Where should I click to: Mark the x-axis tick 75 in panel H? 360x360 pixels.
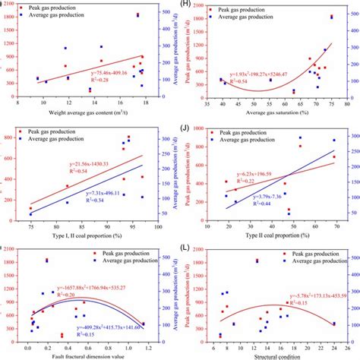(x=333, y=105)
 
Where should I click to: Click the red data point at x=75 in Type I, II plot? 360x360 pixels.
(x=52, y=208)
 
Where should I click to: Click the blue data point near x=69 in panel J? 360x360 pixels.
(x=333, y=140)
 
